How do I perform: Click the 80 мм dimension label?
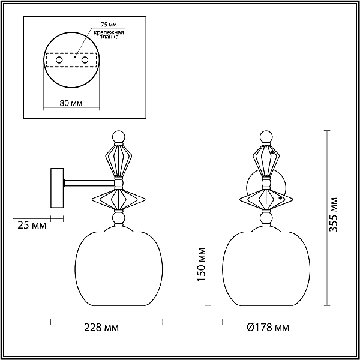coord(71,103)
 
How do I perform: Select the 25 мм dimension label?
coord(32,226)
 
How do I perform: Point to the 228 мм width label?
coord(101,328)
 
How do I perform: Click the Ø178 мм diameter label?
coord(268,328)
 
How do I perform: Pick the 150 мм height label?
coord(202,264)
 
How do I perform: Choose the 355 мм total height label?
coord(334,215)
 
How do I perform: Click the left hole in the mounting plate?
coord(59,60)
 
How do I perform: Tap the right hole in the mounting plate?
coord(85,60)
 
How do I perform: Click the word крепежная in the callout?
coord(109,32)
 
